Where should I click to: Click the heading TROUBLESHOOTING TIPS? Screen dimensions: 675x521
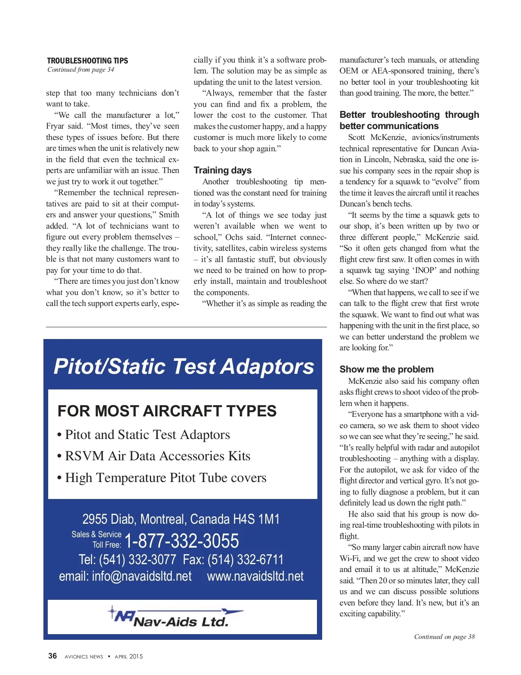click(87, 60)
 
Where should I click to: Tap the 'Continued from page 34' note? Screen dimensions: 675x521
click(81, 70)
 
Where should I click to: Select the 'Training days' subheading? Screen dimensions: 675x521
click(222, 170)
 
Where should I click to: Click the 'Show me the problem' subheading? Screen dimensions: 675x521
click(386, 369)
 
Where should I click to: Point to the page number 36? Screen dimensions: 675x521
click(53, 656)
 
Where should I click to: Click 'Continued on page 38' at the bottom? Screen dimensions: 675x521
click(444, 637)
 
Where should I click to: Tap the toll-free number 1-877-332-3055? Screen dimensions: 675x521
click(181, 541)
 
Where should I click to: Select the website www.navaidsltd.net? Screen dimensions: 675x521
click(255, 576)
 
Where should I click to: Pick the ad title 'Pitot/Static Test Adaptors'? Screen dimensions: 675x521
click(184, 366)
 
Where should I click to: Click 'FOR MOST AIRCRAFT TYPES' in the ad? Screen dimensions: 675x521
click(167, 411)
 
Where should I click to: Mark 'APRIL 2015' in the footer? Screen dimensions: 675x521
click(129, 656)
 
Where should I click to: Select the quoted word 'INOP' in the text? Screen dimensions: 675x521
click(425, 270)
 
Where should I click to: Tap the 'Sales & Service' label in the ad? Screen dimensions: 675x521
click(96, 534)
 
